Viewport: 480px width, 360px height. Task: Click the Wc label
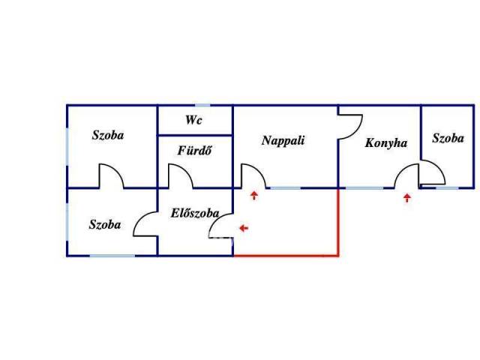tap(193, 121)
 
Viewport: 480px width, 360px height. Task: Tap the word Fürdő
tap(193, 148)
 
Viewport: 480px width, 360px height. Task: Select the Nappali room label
tap(283, 139)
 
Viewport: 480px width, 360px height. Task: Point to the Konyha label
tap(385, 142)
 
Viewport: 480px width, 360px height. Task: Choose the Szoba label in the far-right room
tap(448, 138)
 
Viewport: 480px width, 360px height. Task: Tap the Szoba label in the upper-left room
tap(108, 136)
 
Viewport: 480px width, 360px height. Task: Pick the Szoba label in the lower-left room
tap(104, 224)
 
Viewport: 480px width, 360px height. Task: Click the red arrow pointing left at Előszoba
tap(243, 226)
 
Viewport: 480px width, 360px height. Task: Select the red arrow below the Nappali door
tap(254, 196)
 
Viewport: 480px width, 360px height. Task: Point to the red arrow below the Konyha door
tap(407, 198)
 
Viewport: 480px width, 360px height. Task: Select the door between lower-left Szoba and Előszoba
tap(145, 224)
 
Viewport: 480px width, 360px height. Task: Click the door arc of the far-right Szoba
tap(433, 174)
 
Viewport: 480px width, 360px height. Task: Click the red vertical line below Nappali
tap(339, 222)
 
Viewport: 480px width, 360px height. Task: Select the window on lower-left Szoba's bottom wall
tap(112, 256)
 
